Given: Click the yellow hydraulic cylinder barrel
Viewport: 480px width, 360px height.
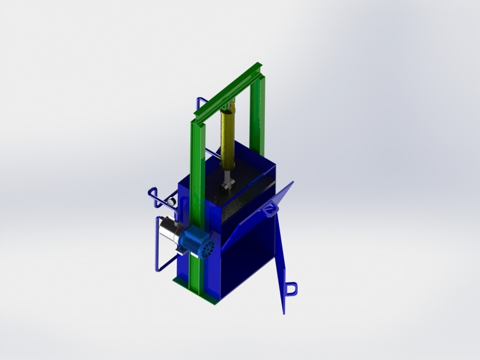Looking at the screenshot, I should (228, 141).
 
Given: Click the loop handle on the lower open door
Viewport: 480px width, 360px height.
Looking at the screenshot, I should (291, 287).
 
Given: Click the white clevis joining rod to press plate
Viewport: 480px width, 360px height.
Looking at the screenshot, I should (226, 186).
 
